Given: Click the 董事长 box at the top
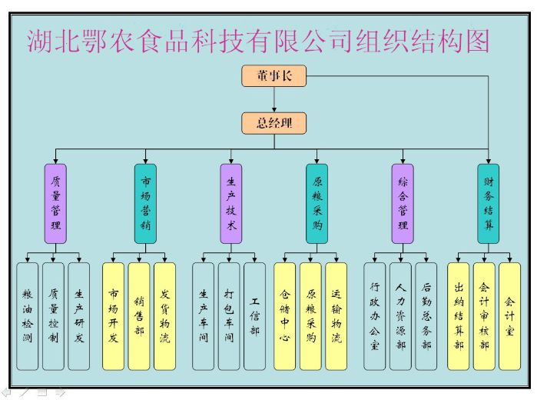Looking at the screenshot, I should click(274, 75).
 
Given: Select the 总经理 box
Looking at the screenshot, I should click(274, 123).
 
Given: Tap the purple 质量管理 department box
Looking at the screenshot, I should click(55, 204).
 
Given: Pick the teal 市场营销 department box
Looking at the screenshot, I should click(145, 204).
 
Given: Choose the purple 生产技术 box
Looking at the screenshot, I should click(231, 204).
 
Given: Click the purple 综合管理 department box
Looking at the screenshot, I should click(403, 204).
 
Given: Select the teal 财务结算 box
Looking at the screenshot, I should click(488, 204).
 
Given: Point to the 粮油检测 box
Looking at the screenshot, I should click(28, 316).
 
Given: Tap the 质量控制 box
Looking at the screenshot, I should click(54, 316).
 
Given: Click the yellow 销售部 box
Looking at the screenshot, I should click(139, 316).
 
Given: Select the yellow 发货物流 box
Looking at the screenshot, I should click(164, 316).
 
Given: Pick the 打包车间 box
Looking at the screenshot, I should click(229, 316).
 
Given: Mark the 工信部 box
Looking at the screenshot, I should click(254, 316).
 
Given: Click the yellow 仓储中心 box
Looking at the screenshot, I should click(284, 316).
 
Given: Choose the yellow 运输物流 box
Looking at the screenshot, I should click(336, 316).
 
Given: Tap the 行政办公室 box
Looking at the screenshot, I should click(375, 316).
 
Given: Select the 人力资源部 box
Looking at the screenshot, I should click(400, 316).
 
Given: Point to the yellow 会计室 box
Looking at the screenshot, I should click(509, 316).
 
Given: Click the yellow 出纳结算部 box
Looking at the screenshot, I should click(459, 316).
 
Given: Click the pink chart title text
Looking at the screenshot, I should click(258, 40).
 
